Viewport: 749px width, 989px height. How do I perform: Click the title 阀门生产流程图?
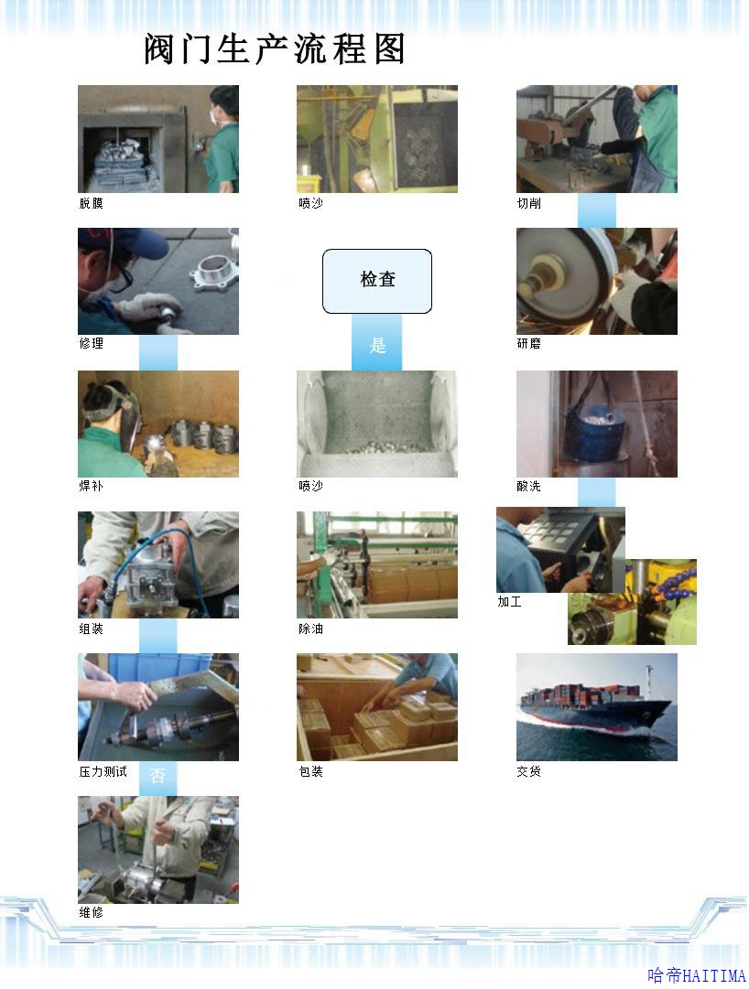(x=275, y=49)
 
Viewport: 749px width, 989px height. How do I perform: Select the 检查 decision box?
(x=377, y=281)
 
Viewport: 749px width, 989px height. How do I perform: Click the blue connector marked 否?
(x=157, y=776)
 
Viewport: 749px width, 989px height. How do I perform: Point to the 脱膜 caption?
(x=91, y=203)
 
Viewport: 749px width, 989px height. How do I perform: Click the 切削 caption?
(x=528, y=203)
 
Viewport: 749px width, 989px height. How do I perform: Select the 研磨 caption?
(x=528, y=343)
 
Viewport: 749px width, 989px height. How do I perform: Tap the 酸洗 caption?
(x=528, y=487)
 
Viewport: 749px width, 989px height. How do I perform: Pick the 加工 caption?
(x=509, y=602)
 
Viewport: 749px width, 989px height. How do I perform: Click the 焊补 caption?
(x=91, y=487)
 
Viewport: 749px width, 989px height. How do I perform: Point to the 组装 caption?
(x=91, y=629)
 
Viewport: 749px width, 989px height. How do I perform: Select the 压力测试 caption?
(x=103, y=771)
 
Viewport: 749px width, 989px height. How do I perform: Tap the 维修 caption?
(x=91, y=913)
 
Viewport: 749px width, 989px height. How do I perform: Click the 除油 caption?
(x=310, y=629)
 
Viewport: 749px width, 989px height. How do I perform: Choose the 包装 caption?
(x=310, y=771)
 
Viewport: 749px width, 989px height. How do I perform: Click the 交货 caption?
(x=528, y=771)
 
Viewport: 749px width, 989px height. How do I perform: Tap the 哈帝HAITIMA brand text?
(x=697, y=976)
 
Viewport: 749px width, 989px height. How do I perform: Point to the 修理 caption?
(x=91, y=343)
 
